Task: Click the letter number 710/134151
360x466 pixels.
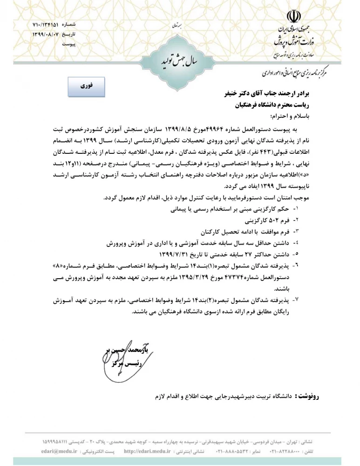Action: [48, 25]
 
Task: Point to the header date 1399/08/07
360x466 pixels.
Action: [48, 34]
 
